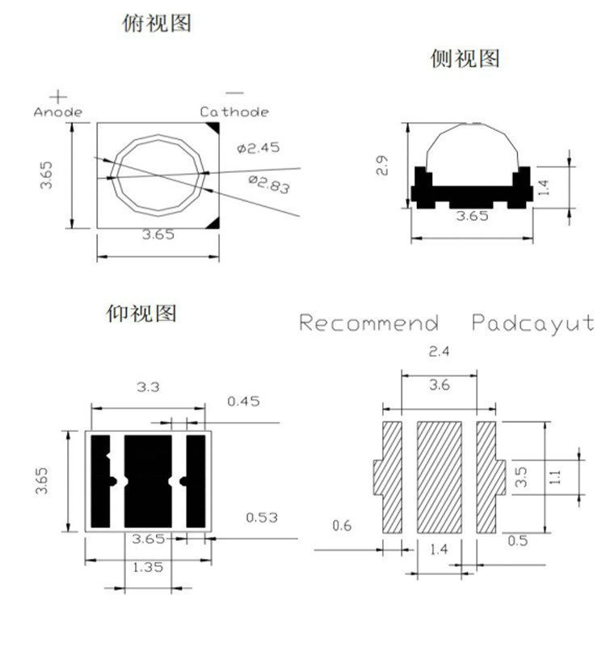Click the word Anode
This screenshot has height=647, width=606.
[57, 112]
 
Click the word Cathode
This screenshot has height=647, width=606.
[235, 112]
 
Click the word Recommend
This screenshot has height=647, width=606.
[369, 323]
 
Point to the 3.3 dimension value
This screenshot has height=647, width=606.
[149, 387]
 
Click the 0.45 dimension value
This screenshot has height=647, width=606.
[243, 401]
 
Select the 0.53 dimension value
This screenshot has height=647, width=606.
[262, 517]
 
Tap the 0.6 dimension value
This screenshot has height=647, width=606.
[343, 526]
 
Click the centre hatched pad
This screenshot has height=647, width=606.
[439, 476]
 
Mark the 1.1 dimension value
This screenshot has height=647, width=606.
[555, 477]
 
